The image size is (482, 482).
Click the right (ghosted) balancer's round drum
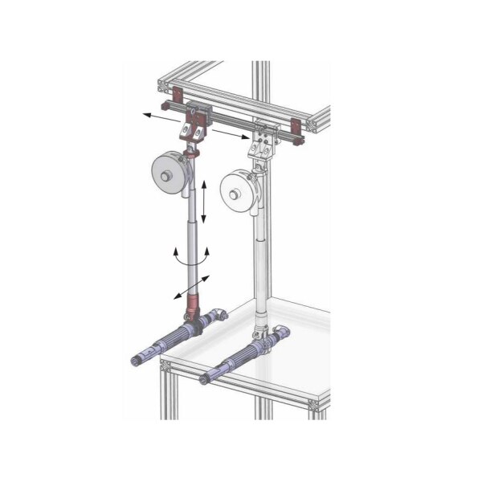(239, 193)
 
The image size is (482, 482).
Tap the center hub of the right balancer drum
(234, 194)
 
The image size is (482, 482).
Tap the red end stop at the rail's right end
(295, 129)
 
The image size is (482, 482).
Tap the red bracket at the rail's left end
(165, 107)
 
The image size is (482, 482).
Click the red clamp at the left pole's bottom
(192, 306)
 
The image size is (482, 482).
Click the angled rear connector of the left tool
(217, 314)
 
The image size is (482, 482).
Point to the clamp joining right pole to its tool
(259, 330)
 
